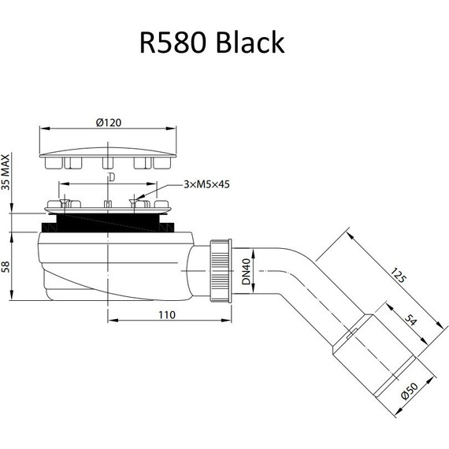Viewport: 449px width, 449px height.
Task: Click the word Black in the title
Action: coord(248,43)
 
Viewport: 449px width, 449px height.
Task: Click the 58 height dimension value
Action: coord(7,265)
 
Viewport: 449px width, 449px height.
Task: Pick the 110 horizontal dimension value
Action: coord(165,315)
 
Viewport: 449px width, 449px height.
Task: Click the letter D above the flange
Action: coord(110,178)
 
